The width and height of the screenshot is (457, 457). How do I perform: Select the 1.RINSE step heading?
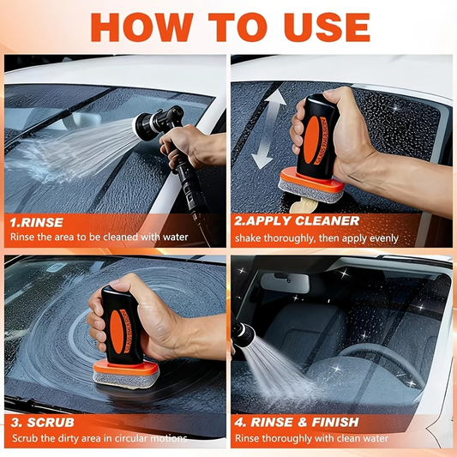36,221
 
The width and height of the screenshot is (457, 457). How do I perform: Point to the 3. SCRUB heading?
42,421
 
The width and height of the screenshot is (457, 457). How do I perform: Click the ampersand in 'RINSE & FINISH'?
300,421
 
